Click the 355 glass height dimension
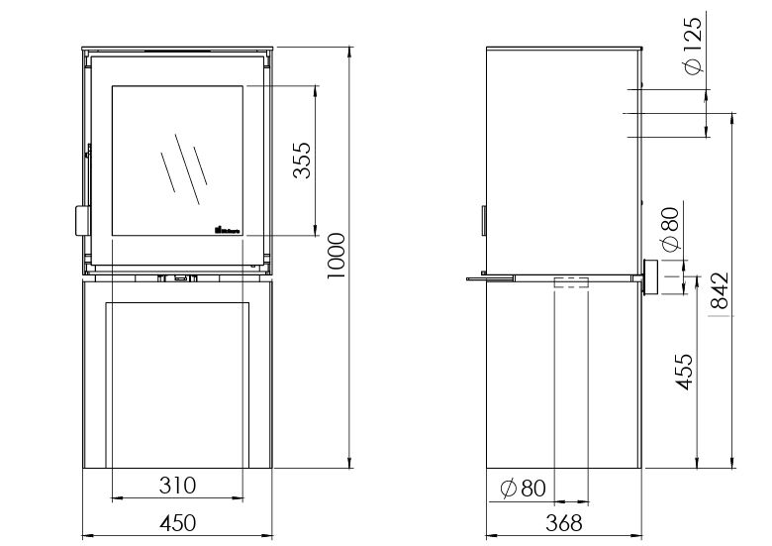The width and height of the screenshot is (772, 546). point(302,160)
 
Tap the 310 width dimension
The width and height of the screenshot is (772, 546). point(177,486)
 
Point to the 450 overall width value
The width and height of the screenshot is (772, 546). point(177,522)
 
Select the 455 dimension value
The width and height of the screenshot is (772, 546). point(683,373)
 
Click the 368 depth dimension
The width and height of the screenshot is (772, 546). point(563,522)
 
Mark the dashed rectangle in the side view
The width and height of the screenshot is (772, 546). point(571,283)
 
